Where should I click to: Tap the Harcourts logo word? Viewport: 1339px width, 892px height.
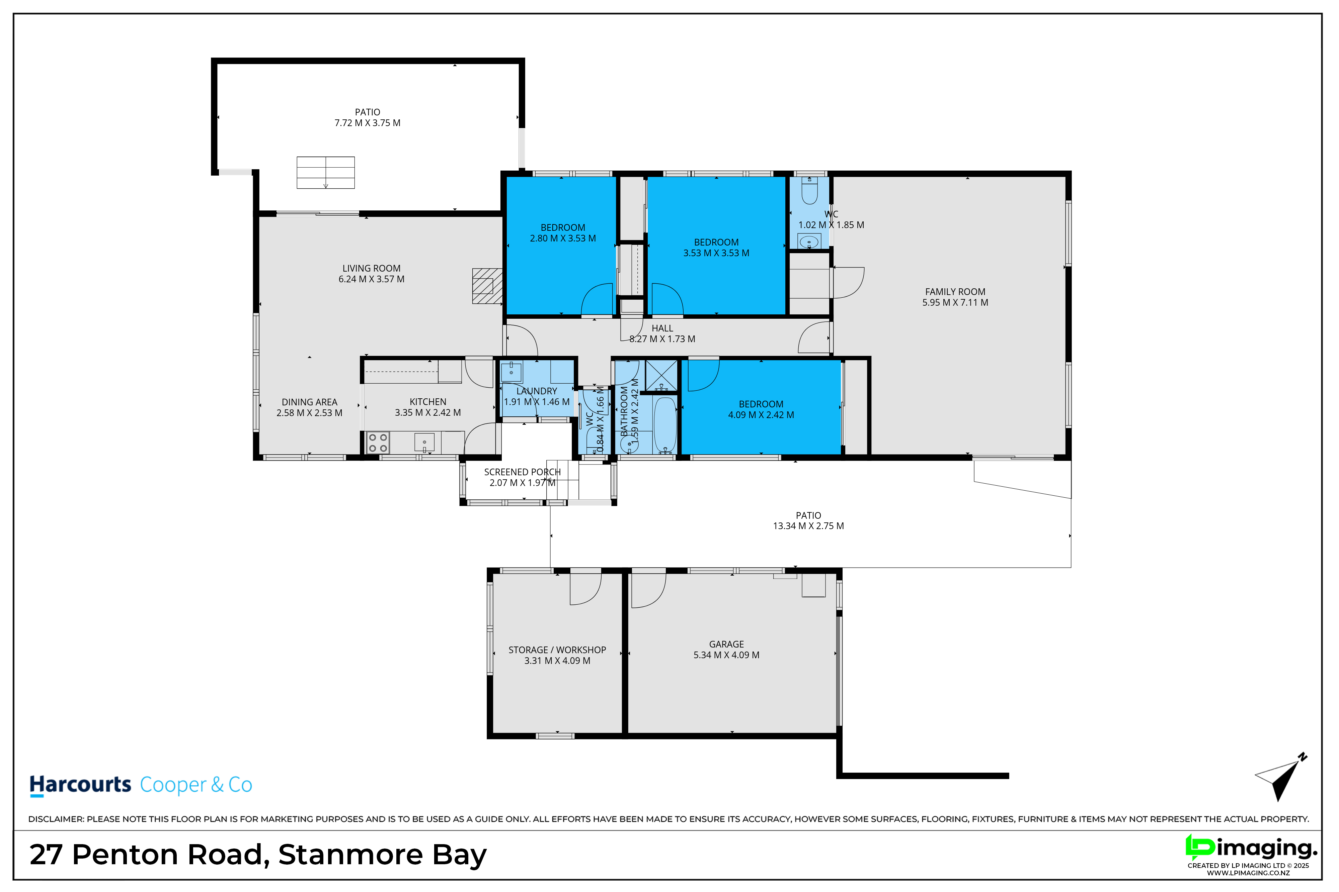(x=80, y=785)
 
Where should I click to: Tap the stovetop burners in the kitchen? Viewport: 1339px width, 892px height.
(x=378, y=442)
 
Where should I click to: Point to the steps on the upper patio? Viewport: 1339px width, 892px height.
(x=326, y=172)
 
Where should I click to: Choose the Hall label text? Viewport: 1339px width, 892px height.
(x=662, y=328)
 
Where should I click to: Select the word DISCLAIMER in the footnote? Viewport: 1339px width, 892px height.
(x=56, y=819)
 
